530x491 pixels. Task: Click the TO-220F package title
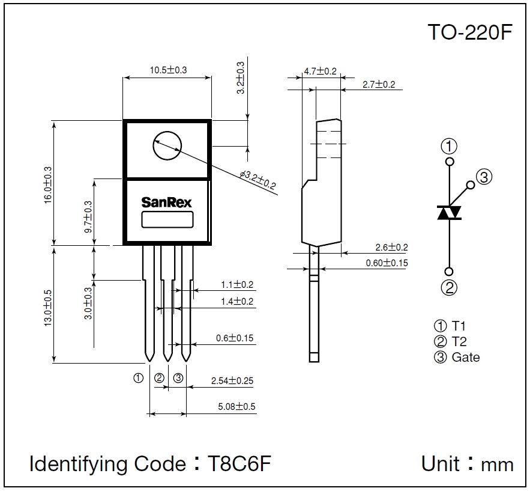coord(470,32)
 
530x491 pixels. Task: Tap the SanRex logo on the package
coord(167,203)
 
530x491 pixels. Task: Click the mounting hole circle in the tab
coord(167,146)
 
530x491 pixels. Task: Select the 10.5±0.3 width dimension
coord(168,70)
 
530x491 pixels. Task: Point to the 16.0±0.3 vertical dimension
coord(48,185)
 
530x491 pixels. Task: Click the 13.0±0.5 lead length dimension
coord(48,308)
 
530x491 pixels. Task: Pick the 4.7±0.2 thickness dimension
coord(320,71)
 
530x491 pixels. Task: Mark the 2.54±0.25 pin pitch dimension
coord(232,380)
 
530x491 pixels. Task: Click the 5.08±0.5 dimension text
coord(236,407)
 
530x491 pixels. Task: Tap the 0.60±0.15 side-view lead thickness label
coord(387,263)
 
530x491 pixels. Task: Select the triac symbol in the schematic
coord(449,213)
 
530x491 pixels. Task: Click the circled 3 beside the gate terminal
coord(484,176)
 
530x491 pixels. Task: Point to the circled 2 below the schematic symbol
coord(449,287)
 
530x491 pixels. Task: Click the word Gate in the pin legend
coord(466,357)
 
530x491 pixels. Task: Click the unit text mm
coord(498,465)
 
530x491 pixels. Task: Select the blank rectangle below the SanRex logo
coord(167,219)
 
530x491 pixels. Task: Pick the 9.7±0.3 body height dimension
coord(88,216)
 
